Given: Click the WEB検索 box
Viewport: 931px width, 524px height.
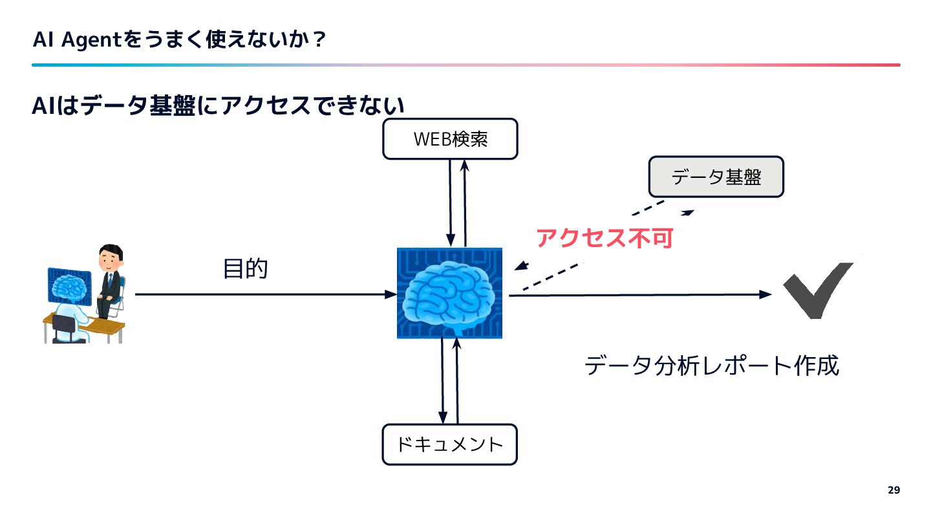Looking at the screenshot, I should (450, 138).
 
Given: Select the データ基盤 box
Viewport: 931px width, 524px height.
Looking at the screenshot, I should (716, 177).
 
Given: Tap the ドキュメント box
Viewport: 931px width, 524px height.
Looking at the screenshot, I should (450, 444).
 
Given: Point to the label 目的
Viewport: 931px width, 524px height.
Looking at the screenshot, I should (245, 268).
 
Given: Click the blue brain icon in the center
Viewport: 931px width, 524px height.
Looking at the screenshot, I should (449, 293).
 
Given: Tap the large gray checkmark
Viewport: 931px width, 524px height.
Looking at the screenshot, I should (818, 290).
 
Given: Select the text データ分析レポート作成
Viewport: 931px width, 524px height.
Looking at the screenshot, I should (712, 366).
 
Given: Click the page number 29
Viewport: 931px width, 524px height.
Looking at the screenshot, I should (894, 490).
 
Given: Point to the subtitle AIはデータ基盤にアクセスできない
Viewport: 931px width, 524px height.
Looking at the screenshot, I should (218, 106).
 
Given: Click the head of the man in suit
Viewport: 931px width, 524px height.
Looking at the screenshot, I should (110, 257).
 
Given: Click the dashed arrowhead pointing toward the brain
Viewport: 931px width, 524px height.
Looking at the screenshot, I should (520, 268).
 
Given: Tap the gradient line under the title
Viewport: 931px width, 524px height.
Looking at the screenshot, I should (465, 65).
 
